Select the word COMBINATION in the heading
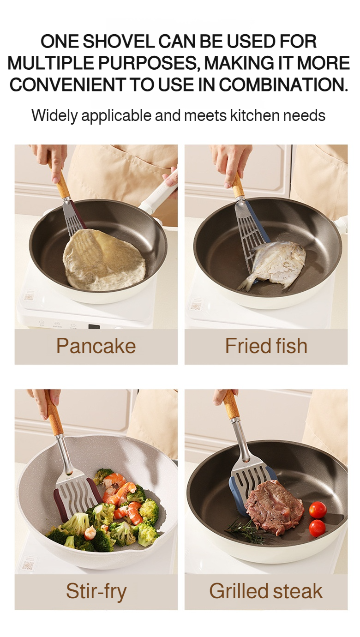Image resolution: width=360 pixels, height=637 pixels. (283, 84)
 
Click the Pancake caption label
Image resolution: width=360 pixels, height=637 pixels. (96, 346)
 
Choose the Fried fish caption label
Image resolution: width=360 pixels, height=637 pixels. (266, 346)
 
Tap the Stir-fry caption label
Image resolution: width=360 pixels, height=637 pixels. (96, 591)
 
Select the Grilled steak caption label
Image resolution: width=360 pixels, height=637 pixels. (266, 591)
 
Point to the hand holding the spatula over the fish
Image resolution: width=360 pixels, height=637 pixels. (231, 159)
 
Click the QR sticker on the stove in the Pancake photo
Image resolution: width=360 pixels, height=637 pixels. (29, 296)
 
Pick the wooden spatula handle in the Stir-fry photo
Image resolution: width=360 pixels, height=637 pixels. (54, 415)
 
